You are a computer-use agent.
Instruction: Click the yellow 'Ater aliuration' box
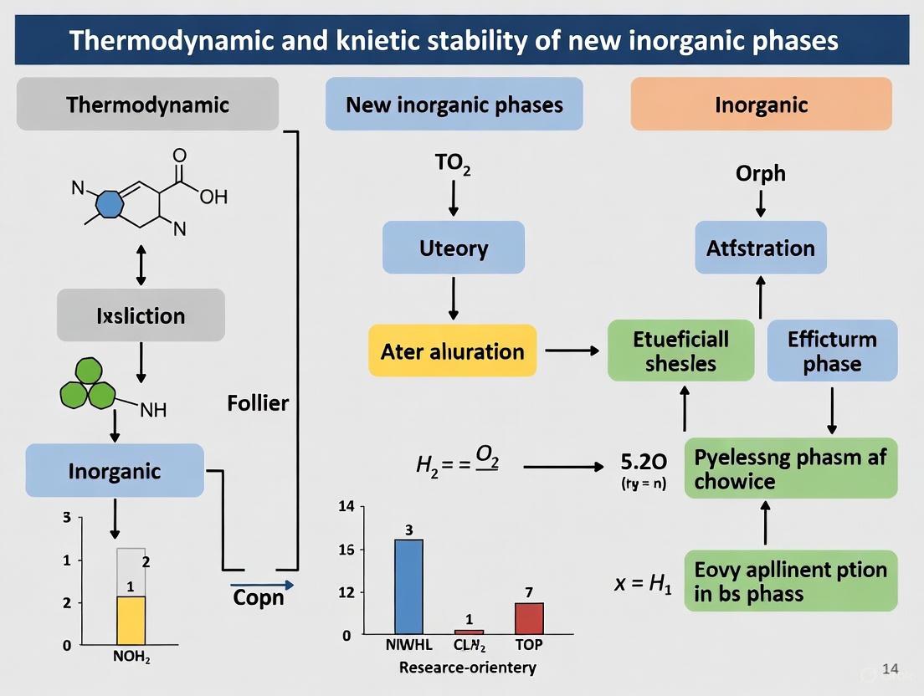(x=452, y=351)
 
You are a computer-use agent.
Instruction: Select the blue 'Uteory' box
(x=453, y=248)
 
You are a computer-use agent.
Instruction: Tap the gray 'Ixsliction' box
(x=141, y=315)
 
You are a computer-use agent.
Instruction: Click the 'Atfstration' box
(x=760, y=248)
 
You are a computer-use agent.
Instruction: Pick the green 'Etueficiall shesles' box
(x=680, y=351)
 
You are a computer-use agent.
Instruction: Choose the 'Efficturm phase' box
(x=832, y=351)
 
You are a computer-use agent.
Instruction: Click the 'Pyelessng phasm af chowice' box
(x=790, y=468)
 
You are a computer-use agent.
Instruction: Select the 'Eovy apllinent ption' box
(x=790, y=581)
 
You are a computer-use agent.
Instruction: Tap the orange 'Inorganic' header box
(x=761, y=105)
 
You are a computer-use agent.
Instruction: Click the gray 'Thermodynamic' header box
(x=147, y=105)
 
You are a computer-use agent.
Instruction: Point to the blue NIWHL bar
(x=408, y=586)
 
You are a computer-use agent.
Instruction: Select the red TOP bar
(x=529, y=617)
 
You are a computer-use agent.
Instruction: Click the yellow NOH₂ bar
(x=131, y=619)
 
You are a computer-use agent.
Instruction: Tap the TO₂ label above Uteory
(x=453, y=164)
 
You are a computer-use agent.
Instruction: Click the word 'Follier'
(x=258, y=403)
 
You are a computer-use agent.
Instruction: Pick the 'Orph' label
(x=760, y=173)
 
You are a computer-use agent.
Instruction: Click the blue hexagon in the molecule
(x=110, y=204)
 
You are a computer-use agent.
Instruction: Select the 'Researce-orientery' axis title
(x=467, y=668)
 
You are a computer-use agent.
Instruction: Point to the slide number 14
(x=891, y=668)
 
